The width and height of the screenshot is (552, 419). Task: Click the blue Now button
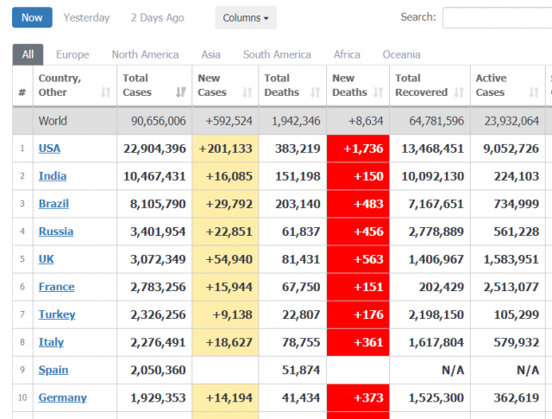32,17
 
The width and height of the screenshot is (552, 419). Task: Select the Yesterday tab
86,17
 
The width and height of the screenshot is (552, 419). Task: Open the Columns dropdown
246,17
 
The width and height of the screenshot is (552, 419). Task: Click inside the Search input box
497,17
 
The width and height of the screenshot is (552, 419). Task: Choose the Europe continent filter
72,54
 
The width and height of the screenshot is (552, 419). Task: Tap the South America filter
277,54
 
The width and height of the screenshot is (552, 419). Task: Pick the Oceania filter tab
401,54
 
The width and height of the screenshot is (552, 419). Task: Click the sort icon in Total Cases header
180,92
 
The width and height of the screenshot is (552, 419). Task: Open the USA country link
49,149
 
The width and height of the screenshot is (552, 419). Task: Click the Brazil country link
53,204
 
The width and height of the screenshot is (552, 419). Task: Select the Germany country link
63,397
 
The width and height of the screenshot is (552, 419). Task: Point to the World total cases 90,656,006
159,121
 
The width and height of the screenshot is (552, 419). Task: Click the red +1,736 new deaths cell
358,149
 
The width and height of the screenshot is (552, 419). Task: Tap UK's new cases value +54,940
229,259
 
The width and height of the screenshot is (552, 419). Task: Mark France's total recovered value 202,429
442,287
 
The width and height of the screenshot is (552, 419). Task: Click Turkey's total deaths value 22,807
301,314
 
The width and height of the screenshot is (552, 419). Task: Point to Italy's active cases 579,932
516,342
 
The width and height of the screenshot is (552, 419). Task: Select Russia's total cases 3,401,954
158,232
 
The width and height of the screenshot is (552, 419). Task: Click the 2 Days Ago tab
157,17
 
